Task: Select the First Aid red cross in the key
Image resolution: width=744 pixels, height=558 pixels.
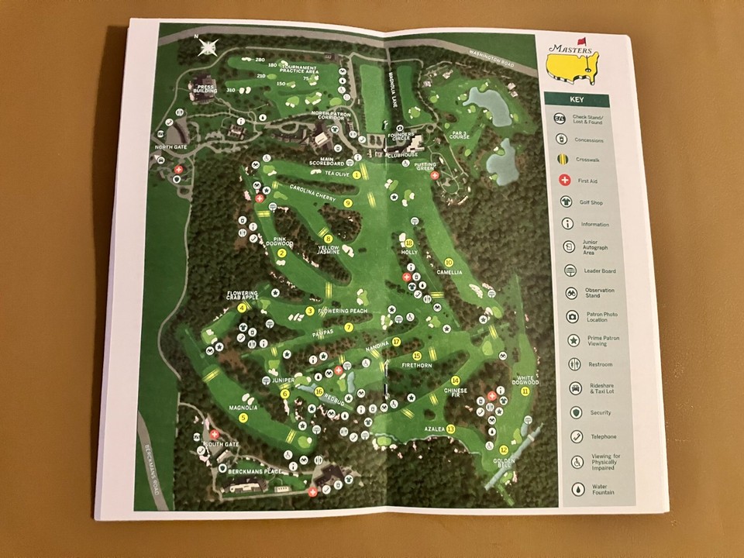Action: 562,180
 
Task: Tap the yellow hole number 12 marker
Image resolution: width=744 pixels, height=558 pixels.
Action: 504,449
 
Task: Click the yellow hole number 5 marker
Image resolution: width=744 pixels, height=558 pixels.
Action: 243,418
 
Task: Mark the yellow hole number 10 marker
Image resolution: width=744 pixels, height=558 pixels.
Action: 449,262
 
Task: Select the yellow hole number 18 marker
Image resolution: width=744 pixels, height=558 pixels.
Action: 409,243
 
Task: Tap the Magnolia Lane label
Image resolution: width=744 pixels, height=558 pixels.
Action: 393,81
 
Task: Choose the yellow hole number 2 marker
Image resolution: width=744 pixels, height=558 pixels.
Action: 282,253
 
